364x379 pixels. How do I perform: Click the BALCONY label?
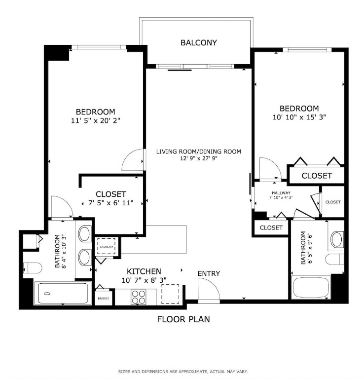199,43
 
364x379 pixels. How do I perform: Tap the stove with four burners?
139,297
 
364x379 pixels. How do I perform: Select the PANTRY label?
104,299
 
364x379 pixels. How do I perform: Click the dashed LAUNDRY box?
106,246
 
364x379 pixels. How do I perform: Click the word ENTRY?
209,273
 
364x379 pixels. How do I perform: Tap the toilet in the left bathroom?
33,268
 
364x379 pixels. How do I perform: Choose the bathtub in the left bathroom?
63,294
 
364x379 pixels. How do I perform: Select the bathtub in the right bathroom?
311,287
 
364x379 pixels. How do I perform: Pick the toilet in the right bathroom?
335,260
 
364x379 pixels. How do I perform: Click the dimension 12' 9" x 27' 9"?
199,158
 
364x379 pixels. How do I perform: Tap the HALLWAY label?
281,193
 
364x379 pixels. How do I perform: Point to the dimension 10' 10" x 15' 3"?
299,117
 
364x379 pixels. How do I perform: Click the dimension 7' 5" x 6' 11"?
111,203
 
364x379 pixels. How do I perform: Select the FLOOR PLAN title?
183,319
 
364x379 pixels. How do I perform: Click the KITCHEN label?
144,271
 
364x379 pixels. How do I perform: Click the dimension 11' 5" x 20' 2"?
96,120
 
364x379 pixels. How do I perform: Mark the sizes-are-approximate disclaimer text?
183,372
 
